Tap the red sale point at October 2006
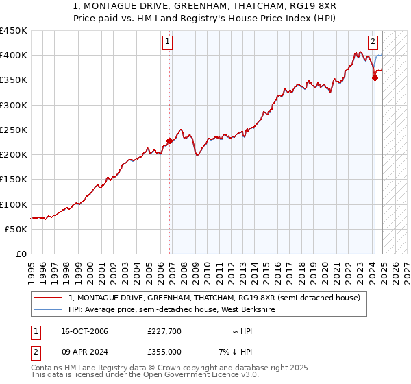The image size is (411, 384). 169,141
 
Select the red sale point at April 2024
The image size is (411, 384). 375,78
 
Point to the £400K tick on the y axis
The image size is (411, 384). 14,56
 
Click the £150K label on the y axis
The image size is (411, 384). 14,180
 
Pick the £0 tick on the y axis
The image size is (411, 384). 21,254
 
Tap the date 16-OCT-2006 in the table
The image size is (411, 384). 79,331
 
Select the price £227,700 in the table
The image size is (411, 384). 164,331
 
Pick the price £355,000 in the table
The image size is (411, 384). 164,352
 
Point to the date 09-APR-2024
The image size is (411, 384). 79,352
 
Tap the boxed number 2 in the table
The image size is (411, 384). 36,352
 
